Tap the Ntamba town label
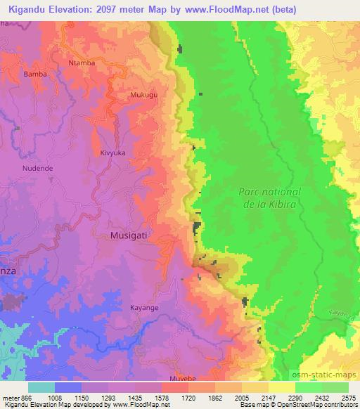pos(82,63)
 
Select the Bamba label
pos(35,73)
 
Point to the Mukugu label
pos(144,93)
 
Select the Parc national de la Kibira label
pos(269,197)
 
